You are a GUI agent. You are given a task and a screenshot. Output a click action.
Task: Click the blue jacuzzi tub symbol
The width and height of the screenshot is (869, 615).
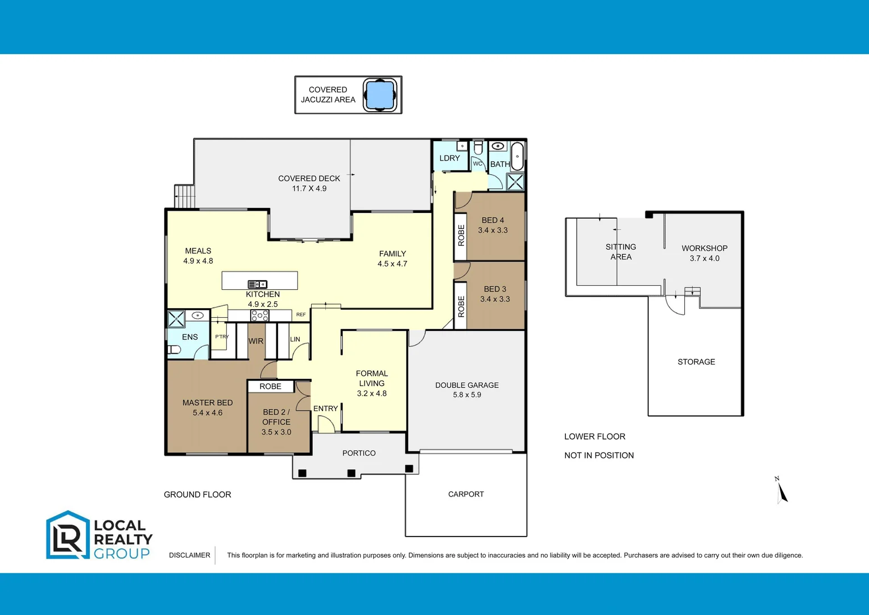pos(380,95)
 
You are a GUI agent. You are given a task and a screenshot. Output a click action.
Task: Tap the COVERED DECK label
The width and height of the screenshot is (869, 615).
pos(309,178)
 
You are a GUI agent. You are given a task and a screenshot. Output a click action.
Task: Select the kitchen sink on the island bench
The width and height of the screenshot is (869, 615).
pos(258,284)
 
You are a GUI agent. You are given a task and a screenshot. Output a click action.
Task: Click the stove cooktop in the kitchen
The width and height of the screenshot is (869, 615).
pos(260,315)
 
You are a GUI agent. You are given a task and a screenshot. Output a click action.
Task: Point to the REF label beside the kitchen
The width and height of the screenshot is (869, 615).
pos(301,314)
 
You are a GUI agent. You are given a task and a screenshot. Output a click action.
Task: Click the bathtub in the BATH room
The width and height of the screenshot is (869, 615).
pos(517,156)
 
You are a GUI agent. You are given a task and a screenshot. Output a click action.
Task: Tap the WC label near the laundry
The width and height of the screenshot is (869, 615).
pos(478,164)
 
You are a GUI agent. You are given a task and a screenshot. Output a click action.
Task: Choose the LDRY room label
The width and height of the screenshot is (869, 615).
pos(449,158)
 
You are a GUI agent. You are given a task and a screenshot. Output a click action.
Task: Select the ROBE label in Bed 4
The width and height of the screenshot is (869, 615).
pos(461,235)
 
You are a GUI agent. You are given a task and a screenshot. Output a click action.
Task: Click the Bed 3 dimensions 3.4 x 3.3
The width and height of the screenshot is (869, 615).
pos(495,299)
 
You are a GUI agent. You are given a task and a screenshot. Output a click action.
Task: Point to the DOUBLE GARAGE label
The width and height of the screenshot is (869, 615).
pos(467,385)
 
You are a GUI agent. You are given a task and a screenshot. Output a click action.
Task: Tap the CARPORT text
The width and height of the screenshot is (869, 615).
pos(466,494)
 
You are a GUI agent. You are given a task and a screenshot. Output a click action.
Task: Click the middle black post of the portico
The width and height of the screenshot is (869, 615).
pos(351,473)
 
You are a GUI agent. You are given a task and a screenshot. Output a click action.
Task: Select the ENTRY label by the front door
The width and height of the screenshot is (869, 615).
pos(325,408)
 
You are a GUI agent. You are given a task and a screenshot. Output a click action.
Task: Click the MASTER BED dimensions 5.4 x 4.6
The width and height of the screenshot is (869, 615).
pos(208,413)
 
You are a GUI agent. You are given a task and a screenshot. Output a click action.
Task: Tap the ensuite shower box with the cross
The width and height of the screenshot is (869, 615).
pos(176,319)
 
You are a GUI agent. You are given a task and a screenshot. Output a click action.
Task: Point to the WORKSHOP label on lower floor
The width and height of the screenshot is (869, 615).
pos(704,248)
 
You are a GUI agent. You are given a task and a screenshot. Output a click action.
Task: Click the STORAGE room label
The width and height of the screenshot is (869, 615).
pos(696,362)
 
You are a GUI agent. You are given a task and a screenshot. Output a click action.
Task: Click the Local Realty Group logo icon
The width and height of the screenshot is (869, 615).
pos(68,535)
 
